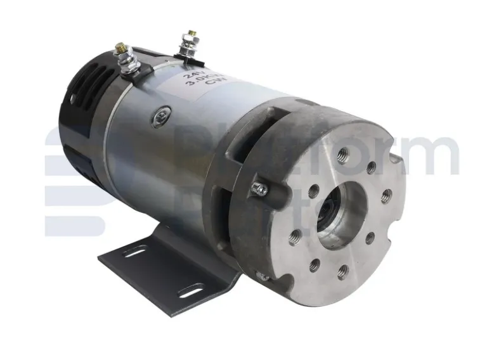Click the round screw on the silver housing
(159, 117)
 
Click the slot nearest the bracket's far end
(134, 251)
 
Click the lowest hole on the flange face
(342, 273)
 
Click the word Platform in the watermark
(317, 152)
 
